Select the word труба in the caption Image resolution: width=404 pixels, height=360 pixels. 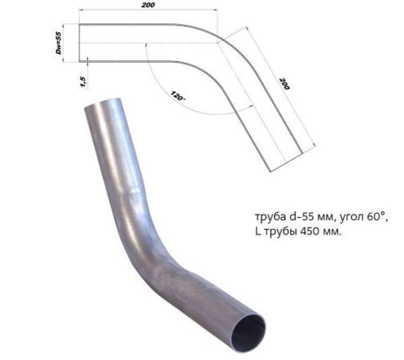[x=269, y=217]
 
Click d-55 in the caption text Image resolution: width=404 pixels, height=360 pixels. [x=300, y=217]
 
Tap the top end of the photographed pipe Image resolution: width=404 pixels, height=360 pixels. [x=102, y=108]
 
